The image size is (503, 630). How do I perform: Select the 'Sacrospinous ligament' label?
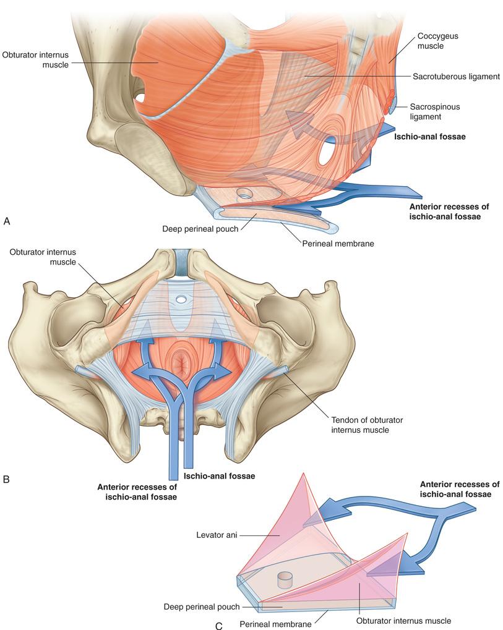pos(434,111)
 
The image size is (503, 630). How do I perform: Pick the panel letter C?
pos(218,625)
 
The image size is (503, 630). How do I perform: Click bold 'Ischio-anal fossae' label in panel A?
pos(429,137)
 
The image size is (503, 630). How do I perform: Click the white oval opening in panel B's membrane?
pos(181,300)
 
